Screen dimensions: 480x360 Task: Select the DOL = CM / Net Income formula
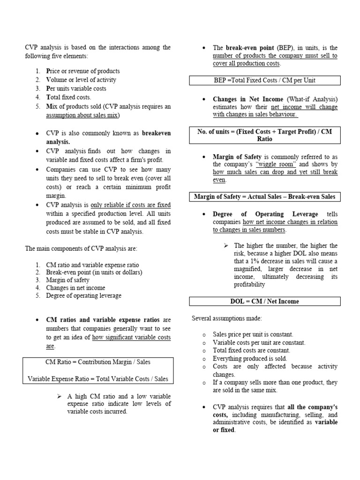tap(264, 301)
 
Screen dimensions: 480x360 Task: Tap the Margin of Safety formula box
tap(264, 196)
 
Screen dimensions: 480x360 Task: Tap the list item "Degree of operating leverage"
tap(83, 295)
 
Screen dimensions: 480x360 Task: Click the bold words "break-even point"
tap(249, 48)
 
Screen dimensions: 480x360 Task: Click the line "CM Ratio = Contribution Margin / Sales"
tap(97, 362)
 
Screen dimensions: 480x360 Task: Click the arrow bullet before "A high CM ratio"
tap(60, 396)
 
